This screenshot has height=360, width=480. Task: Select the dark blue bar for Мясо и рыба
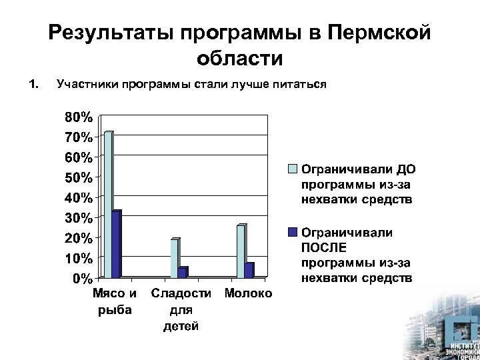coord(116,244)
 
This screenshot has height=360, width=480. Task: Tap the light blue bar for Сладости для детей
coord(175,258)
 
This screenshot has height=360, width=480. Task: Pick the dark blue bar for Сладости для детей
coord(183,272)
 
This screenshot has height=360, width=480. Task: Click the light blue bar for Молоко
coord(241,251)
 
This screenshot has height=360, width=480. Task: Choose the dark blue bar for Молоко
coord(249,270)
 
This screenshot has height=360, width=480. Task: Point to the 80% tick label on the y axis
coord(79,117)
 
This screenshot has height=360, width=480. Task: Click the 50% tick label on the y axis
coord(79,177)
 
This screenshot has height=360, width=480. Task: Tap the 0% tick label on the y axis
coord(82,277)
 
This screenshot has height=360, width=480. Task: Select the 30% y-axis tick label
coord(79,217)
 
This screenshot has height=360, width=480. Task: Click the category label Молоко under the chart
coord(249,293)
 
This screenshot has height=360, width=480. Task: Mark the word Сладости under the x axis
coord(181,293)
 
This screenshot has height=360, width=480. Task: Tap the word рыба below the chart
coord(115,309)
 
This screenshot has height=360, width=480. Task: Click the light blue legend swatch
coord(292,168)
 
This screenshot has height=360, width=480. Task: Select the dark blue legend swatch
coord(292,233)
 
